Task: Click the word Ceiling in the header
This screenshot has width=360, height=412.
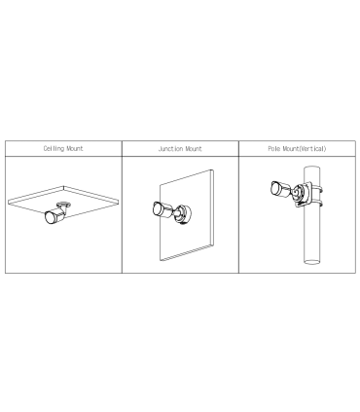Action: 54,149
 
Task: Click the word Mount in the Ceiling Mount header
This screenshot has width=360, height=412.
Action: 75,149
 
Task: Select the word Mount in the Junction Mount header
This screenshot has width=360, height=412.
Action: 194,149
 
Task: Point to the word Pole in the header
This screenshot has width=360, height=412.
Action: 274,149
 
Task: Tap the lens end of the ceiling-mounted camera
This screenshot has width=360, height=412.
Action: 51,217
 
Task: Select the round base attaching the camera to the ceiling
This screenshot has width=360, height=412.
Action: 63,205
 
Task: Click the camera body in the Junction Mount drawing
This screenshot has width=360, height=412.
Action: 162,209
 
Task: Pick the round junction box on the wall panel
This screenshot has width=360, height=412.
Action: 184,213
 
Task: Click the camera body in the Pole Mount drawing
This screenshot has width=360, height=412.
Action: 279,189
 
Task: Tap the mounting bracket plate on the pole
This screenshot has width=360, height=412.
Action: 302,194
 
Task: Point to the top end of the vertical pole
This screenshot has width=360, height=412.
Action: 311,169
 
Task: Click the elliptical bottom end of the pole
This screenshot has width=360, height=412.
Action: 311,261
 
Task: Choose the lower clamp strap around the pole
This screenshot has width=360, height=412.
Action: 317,204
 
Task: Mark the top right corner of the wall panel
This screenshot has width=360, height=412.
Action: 213,169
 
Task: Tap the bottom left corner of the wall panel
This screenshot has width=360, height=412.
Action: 161,261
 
